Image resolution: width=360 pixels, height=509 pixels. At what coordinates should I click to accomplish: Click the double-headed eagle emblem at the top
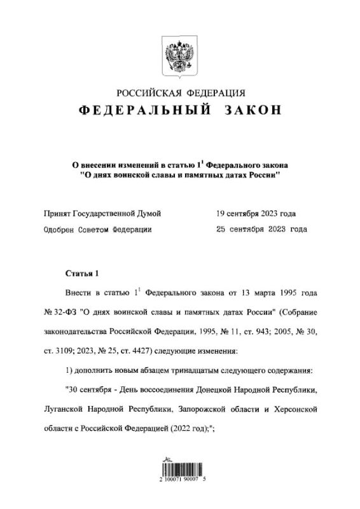(x=179, y=53)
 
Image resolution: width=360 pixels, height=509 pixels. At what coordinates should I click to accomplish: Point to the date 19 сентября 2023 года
(x=255, y=213)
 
